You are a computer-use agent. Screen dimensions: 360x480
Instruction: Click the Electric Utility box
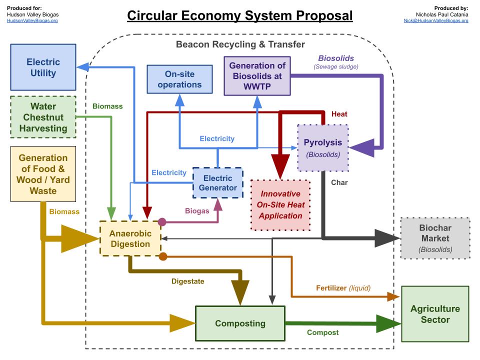pos(43,67)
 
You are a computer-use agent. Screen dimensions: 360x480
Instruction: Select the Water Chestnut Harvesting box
pos(43,117)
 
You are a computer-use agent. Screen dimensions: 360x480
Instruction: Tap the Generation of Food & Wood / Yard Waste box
pos(43,174)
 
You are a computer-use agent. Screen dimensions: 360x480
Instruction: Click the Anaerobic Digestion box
pos(130,238)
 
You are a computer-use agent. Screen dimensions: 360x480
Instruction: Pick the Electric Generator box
pos(217,183)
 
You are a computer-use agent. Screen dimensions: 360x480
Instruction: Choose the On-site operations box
pos(179,79)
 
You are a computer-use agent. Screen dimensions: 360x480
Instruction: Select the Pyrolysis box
pos(322,148)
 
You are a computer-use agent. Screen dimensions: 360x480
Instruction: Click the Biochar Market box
pos(434,238)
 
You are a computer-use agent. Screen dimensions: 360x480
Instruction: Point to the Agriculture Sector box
pos(434,314)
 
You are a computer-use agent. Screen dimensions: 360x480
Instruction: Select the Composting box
pos(240,323)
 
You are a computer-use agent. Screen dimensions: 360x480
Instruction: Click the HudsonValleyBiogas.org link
pos(32,21)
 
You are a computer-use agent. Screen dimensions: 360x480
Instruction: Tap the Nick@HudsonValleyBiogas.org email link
pos(436,21)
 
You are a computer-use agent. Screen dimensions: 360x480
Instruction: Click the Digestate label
pos(187,281)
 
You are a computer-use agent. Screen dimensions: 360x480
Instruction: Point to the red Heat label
pos(339,114)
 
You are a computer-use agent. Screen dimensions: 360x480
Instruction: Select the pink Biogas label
pos(197,211)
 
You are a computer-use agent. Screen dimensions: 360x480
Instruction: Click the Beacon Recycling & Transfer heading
pos(240,44)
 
